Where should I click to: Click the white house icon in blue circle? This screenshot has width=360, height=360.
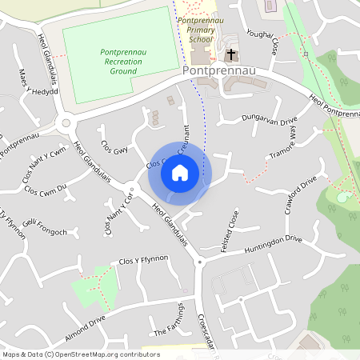click(x=180, y=173)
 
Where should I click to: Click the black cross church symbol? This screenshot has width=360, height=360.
click(x=232, y=54)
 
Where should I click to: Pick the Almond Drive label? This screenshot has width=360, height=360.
click(x=86, y=322)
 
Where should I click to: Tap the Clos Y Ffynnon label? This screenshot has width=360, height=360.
click(x=143, y=259)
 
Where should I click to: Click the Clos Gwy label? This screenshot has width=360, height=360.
click(x=114, y=147)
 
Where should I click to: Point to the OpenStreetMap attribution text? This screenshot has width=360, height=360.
click(x=70, y=354)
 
